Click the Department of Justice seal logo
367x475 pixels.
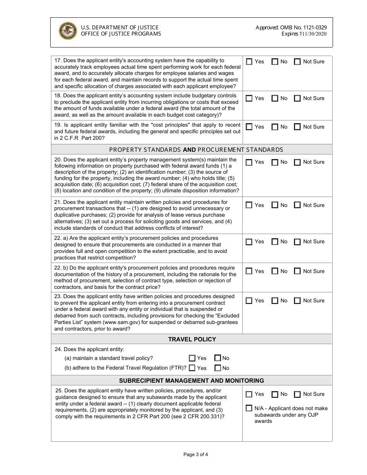(x=68, y=31)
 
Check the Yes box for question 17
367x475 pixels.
(x=249, y=62)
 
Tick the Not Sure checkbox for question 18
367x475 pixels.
(x=297, y=98)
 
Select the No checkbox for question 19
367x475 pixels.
(x=275, y=127)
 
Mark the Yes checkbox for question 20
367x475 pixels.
(x=249, y=162)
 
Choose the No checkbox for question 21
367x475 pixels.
(x=275, y=205)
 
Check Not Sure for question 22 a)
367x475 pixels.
(x=297, y=242)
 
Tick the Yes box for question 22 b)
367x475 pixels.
(x=249, y=271)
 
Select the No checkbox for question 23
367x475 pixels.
(x=275, y=301)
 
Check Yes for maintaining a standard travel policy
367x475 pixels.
(x=192, y=358)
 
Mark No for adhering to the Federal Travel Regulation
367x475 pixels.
(x=217, y=368)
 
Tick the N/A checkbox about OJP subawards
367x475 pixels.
(x=249, y=408)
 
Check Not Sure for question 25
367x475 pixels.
(x=297, y=394)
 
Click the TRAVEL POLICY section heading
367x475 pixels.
(x=192, y=339)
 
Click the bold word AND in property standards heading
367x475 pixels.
(x=189, y=149)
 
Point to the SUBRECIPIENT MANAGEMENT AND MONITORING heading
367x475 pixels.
(x=192, y=380)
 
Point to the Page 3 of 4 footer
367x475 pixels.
(x=195, y=455)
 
